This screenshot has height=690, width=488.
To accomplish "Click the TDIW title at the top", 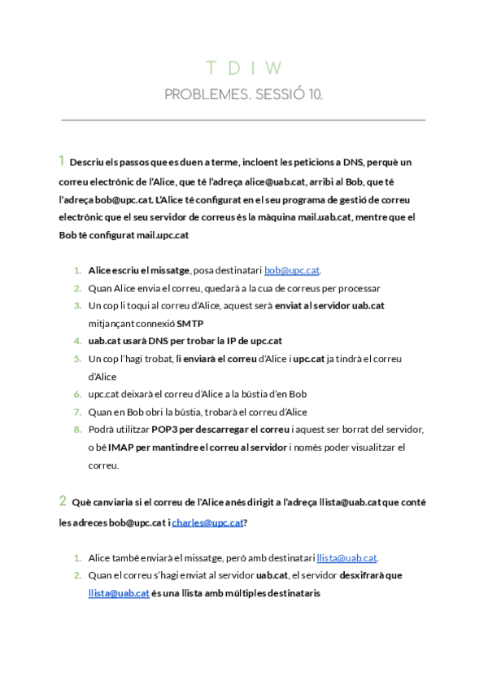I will coord(243,68).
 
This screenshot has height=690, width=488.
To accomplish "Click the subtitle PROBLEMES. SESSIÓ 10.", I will coord(243,95).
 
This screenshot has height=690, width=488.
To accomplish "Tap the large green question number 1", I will coord(62,160).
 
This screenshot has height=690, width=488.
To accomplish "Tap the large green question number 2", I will coord(62,500).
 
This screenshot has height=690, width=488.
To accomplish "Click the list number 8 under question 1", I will coord(77,430).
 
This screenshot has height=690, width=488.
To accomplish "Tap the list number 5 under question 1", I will coord(77,359).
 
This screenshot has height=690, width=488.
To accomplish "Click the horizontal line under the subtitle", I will coord(243,120).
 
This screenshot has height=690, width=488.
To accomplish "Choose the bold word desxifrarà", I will coord(351,575).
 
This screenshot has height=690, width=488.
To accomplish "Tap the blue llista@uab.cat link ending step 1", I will coord(346,558).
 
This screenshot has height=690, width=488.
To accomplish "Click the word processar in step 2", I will coord(359,288).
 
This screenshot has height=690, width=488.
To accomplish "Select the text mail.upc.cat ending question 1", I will coord(161,235).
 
